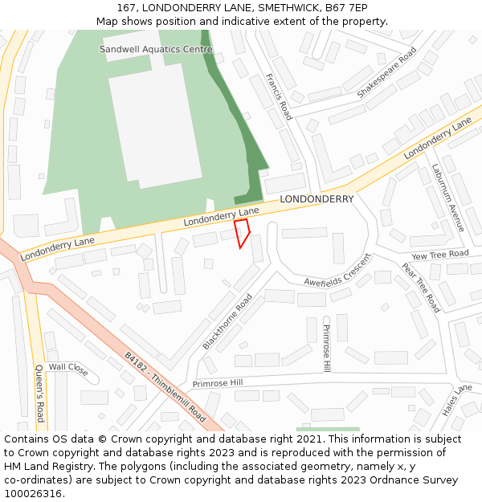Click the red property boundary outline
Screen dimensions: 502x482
241,233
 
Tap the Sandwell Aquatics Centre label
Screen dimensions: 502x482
156,49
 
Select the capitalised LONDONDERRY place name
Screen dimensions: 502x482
317,199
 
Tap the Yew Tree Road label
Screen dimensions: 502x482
439,255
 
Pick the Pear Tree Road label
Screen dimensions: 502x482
421,288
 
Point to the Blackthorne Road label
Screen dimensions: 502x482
227,321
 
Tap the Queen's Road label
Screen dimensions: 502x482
39,393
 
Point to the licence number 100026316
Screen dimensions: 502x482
33,493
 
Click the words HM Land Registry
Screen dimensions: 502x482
42,466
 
